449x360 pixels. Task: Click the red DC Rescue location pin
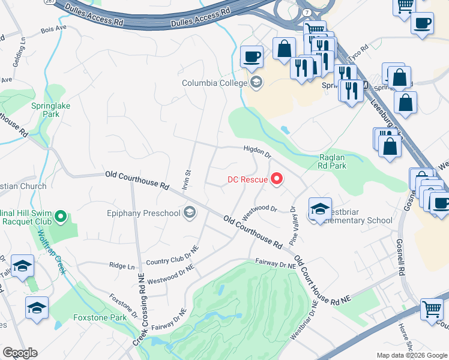[277, 178]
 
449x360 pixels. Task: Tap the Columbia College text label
[216, 82]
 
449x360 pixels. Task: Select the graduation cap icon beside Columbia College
[256, 82]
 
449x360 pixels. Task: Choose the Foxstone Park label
[100, 317]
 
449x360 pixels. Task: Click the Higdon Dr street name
[258, 152]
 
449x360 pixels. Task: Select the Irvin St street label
[187, 180]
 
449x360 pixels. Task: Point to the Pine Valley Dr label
[294, 225]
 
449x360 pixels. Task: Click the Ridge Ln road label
[121, 265]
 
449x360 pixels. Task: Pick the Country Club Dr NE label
[172, 255]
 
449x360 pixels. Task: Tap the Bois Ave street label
[53, 28]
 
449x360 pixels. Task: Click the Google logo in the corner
[20, 353]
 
